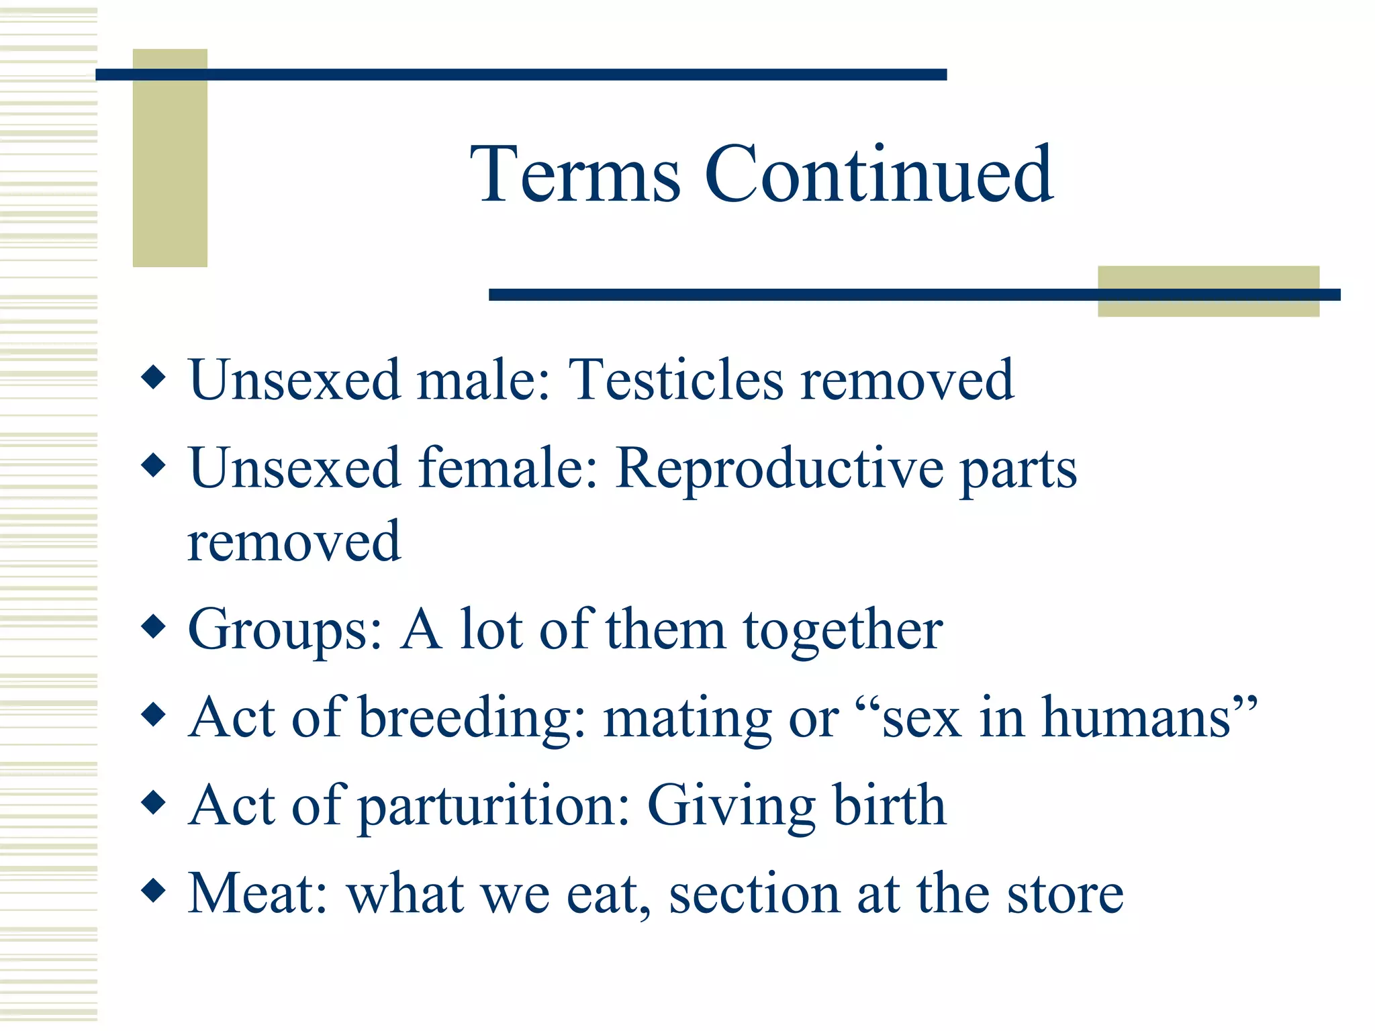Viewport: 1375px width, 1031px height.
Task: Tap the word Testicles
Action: point(675,381)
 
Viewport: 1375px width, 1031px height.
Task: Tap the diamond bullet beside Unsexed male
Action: point(154,377)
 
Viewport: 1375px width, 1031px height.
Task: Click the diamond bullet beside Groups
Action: point(154,627)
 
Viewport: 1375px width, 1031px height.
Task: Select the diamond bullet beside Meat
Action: point(154,891)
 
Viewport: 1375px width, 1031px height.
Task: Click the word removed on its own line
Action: point(294,542)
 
